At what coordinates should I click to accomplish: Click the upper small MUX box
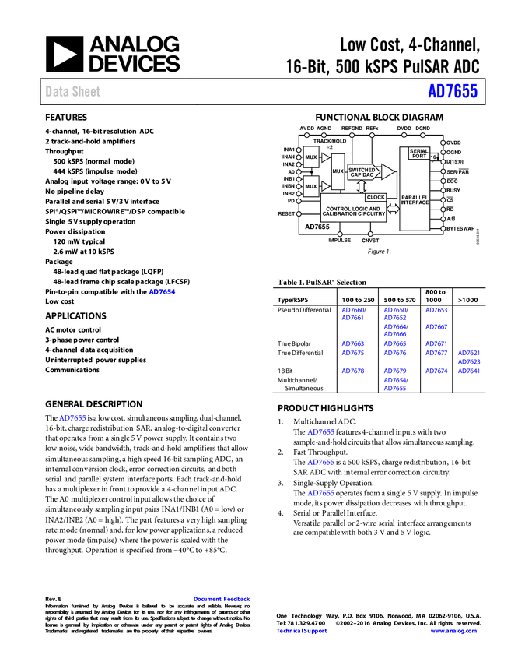point(311,157)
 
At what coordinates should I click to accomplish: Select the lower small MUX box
point(311,186)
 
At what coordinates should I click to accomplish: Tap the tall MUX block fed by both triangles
point(338,171)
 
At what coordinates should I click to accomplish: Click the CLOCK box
point(376,197)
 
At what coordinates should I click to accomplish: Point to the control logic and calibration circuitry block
point(359,211)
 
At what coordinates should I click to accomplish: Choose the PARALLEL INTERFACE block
point(415,202)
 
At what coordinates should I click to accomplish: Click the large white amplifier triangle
point(387,171)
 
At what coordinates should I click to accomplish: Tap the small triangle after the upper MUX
point(325,157)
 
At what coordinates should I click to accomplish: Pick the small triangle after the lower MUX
point(325,186)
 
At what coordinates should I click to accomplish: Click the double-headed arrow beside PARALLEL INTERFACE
point(393,209)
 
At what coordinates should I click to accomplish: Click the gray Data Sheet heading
point(73,92)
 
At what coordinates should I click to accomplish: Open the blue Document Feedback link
point(222,599)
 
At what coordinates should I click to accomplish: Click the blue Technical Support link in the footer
point(302,631)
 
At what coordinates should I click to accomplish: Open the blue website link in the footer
point(453,631)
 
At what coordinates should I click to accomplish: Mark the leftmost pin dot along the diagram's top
point(306,136)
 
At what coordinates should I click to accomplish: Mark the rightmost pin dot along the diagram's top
point(423,136)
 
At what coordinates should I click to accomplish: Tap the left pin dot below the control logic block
point(339,234)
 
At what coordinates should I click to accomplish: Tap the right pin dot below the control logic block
point(370,234)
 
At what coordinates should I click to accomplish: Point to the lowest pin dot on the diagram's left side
point(299,213)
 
